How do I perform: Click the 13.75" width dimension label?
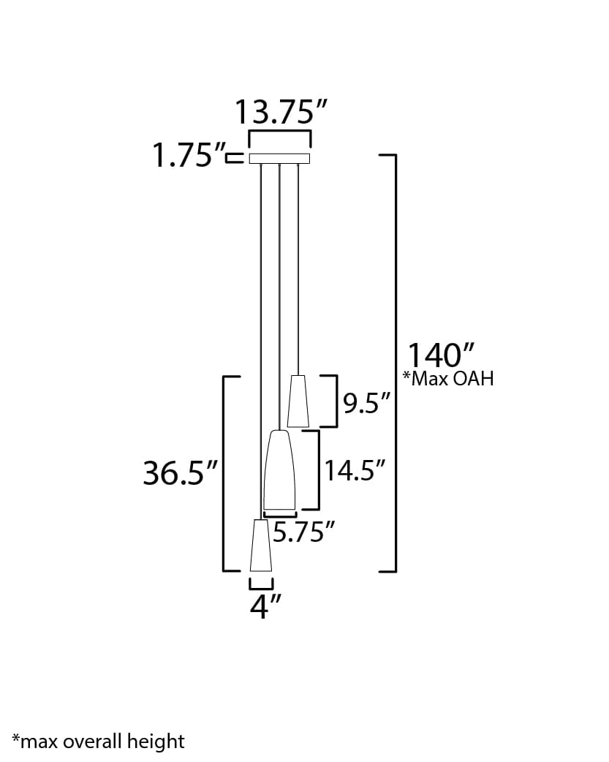point(280,112)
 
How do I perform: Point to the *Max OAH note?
point(447,378)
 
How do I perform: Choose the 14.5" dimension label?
point(355,471)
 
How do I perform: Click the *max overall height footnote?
point(98,742)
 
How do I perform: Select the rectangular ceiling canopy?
point(280,159)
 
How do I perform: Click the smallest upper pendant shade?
point(298,401)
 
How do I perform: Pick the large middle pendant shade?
point(279,470)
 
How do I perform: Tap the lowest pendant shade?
point(261,546)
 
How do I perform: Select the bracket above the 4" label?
point(261,585)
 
